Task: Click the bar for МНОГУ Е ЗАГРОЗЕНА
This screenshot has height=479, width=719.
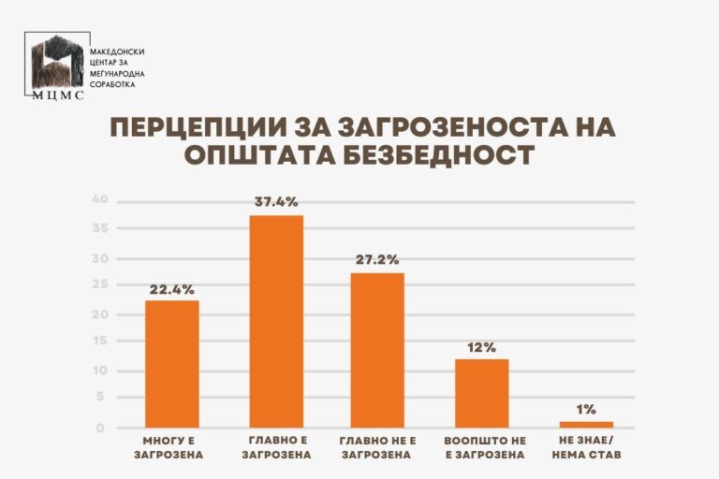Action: point(171,364)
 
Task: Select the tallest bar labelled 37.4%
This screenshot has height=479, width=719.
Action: point(276,321)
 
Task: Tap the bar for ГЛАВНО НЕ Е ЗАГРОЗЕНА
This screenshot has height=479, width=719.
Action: point(377,350)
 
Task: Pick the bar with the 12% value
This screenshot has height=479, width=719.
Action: point(481,393)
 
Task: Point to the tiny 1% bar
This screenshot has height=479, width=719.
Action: point(587,424)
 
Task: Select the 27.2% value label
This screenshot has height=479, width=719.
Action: point(377,259)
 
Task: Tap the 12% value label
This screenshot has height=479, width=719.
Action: point(481,346)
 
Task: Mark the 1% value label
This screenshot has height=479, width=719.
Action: point(587,408)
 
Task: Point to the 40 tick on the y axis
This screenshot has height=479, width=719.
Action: point(101,200)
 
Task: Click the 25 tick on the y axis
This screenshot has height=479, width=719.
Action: point(101,285)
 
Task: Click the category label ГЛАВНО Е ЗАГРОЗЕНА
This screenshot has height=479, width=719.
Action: point(276,448)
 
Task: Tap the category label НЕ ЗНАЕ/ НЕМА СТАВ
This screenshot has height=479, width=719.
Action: point(587,448)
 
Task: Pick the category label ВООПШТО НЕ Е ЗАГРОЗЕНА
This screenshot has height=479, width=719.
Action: point(481,448)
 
